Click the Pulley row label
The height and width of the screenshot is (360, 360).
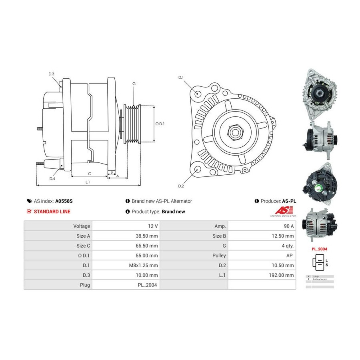pyautogui.click(x=220, y=256)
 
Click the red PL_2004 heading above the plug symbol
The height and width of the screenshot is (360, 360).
pyautogui.click(x=320, y=249)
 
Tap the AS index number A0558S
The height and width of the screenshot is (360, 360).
pyautogui.click(x=64, y=201)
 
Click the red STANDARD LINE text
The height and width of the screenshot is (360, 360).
pyautogui.click(x=52, y=212)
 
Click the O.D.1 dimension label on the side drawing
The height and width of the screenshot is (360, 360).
pyautogui.click(x=160, y=124)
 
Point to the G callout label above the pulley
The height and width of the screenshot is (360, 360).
pyautogui.click(x=134, y=84)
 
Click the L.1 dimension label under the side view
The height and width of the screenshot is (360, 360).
pyautogui.click(x=88, y=182)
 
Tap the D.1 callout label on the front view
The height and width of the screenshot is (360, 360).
pyautogui.click(x=181, y=77)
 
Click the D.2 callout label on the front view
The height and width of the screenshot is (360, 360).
pyautogui.click(x=181, y=186)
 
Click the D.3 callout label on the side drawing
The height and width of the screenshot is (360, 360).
pyautogui.click(x=52, y=74)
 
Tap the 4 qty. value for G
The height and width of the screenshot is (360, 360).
pyautogui.click(x=288, y=246)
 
